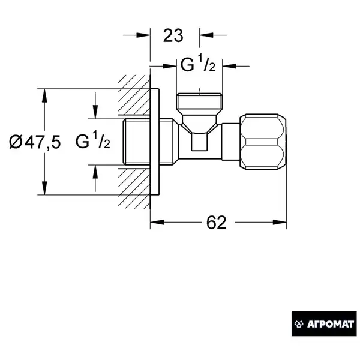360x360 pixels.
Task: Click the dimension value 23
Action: (173, 35)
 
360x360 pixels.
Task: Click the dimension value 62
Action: (216, 222)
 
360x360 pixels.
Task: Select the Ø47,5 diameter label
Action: (35, 142)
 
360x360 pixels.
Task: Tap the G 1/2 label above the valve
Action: (197, 65)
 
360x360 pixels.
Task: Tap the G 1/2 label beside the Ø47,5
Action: (93, 141)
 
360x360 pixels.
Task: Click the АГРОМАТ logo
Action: (324, 324)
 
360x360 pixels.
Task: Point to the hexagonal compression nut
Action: (263, 142)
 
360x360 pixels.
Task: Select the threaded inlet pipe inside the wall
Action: (136, 142)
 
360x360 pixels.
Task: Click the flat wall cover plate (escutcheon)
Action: (155, 142)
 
